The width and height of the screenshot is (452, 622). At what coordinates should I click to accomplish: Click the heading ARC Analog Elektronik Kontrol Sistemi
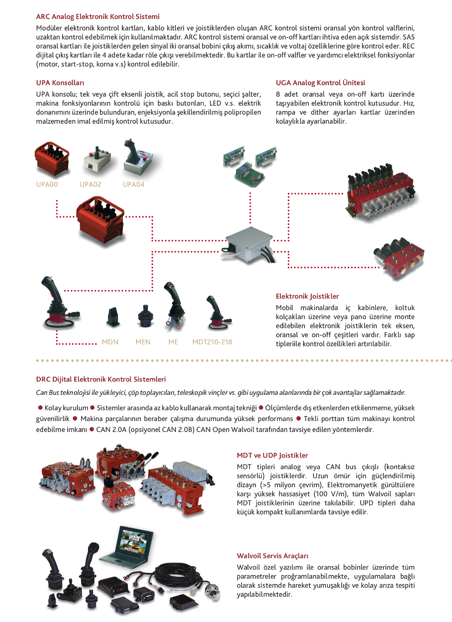point(98,17)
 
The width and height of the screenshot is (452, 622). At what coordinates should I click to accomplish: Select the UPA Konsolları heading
point(60,83)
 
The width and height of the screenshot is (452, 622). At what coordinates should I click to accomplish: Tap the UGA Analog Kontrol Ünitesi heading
point(320,83)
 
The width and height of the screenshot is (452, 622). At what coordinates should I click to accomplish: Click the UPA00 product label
point(47,184)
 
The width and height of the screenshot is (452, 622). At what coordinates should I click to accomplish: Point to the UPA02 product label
point(90,184)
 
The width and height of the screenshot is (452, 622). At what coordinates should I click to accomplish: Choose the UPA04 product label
point(134,184)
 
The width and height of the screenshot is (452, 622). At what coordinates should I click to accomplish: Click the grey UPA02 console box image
point(98,162)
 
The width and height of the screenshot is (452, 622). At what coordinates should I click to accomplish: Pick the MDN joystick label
point(110,342)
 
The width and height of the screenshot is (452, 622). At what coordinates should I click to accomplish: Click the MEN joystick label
point(143,342)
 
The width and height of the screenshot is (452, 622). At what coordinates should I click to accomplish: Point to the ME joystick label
point(173,342)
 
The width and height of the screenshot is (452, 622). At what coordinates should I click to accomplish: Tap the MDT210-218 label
point(212,342)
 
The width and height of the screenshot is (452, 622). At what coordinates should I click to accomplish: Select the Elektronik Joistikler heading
point(307,296)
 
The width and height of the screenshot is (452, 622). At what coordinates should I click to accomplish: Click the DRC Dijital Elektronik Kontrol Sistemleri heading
point(101,380)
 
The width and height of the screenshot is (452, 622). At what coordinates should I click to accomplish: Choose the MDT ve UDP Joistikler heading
point(272,455)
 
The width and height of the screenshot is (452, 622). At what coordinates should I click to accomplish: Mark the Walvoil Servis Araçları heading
point(272,556)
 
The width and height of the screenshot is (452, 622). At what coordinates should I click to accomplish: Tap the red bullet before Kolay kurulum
point(40,408)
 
